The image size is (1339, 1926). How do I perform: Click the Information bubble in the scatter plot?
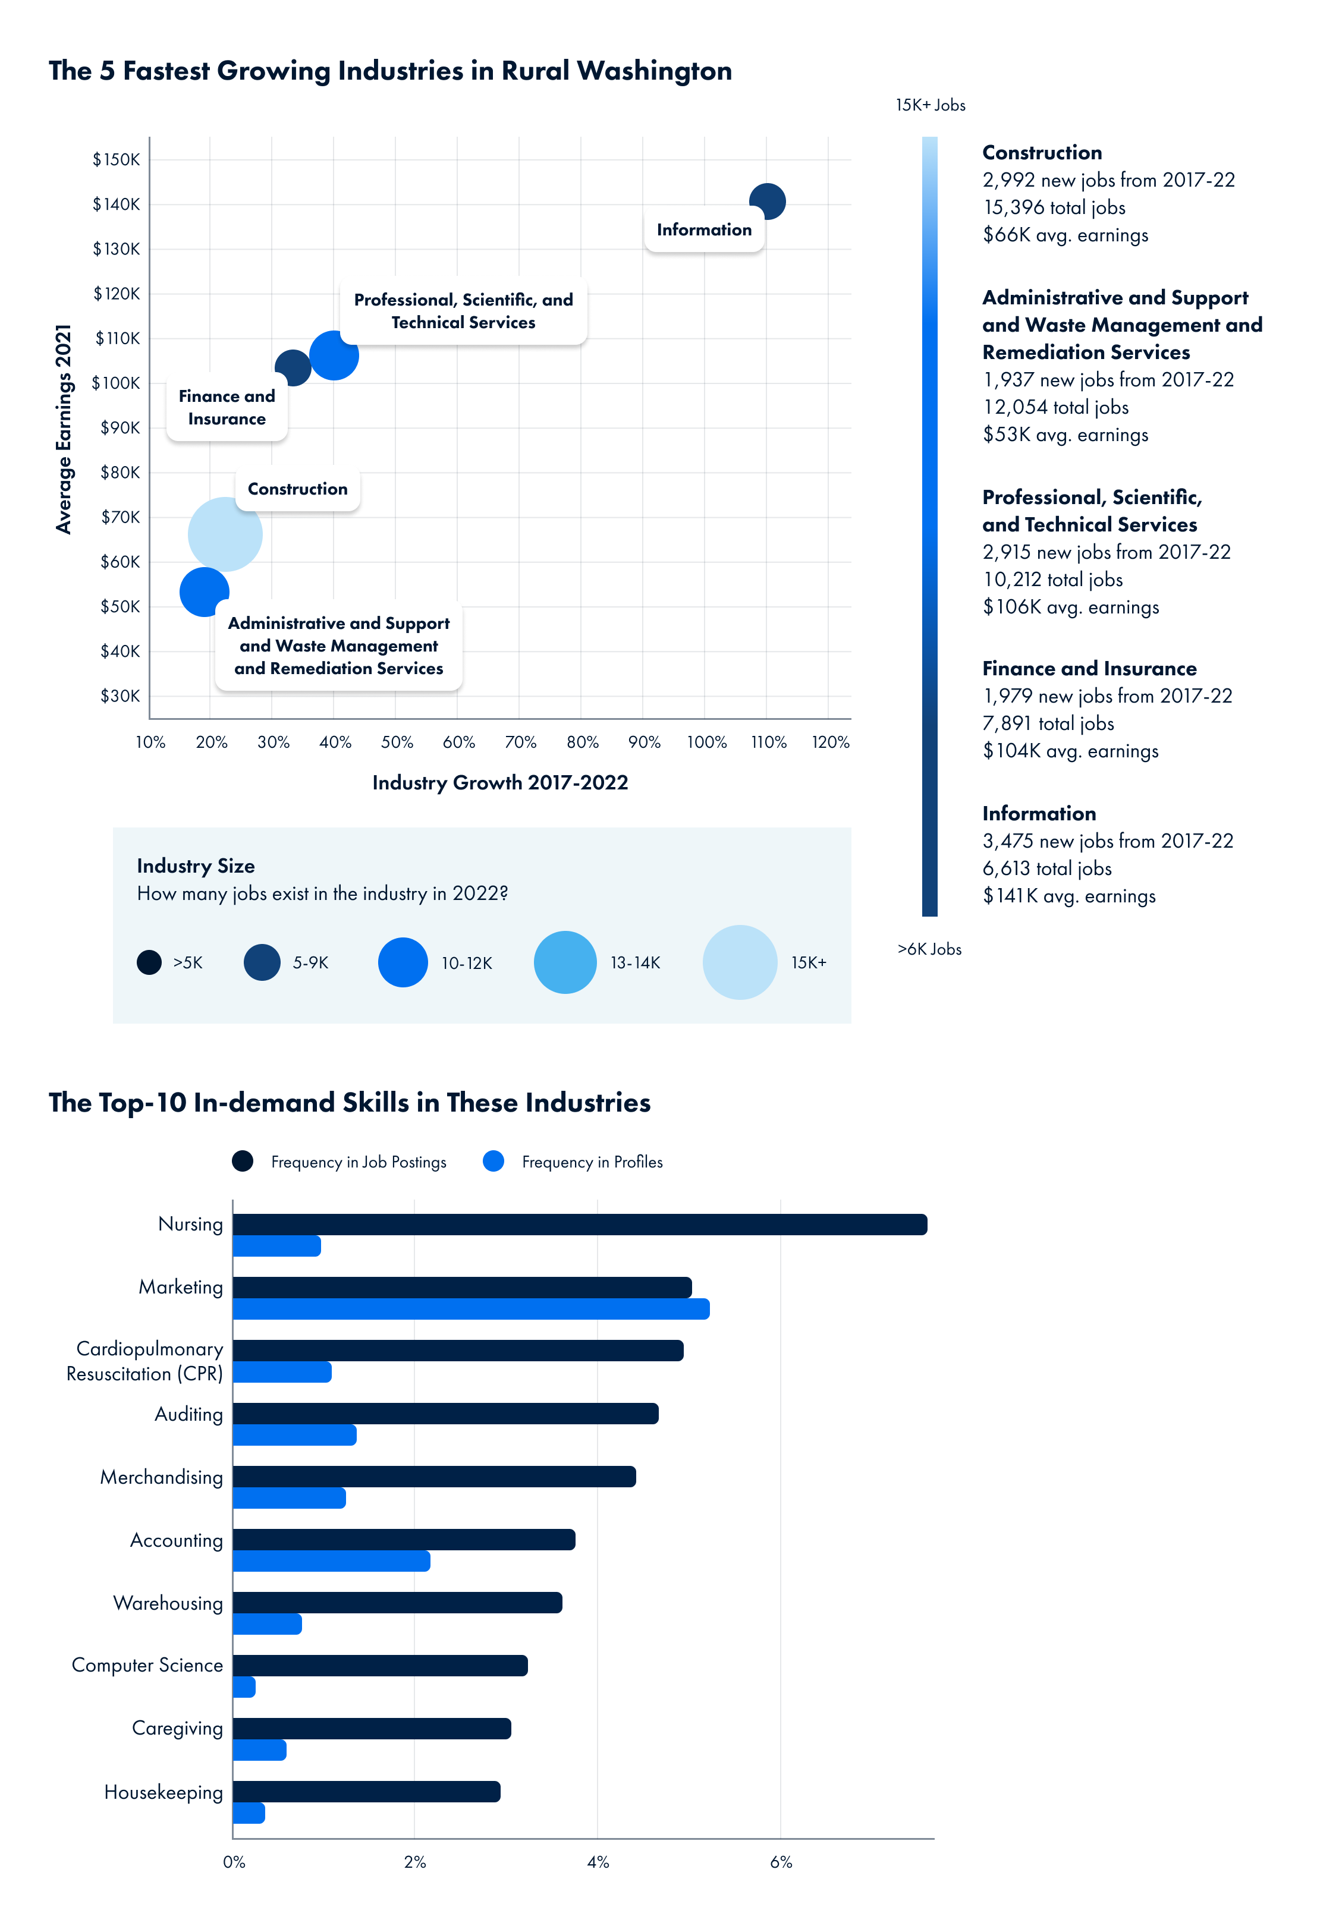(x=767, y=202)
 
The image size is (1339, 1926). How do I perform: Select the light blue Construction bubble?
(x=225, y=534)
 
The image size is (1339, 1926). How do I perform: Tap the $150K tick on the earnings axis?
(x=117, y=159)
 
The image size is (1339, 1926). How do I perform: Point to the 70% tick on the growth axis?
(x=520, y=742)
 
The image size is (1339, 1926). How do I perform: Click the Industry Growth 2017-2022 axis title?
(x=500, y=783)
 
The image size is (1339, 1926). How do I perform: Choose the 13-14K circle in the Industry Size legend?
(x=565, y=962)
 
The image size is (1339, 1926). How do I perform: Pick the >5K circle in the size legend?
(x=149, y=962)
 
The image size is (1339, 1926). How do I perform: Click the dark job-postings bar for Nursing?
(x=579, y=1225)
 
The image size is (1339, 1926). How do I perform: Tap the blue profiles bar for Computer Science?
(x=244, y=1687)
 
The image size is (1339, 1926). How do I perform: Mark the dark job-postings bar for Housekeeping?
(x=366, y=1792)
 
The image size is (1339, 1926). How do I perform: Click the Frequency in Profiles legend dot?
(x=494, y=1162)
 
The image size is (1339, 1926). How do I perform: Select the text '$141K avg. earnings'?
(x=1069, y=896)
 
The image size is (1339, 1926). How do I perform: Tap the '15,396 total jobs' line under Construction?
(x=1054, y=207)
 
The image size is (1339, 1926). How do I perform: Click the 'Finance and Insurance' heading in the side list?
(x=1089, y=669)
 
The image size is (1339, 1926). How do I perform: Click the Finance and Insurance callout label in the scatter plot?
(x=227, y=408)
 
